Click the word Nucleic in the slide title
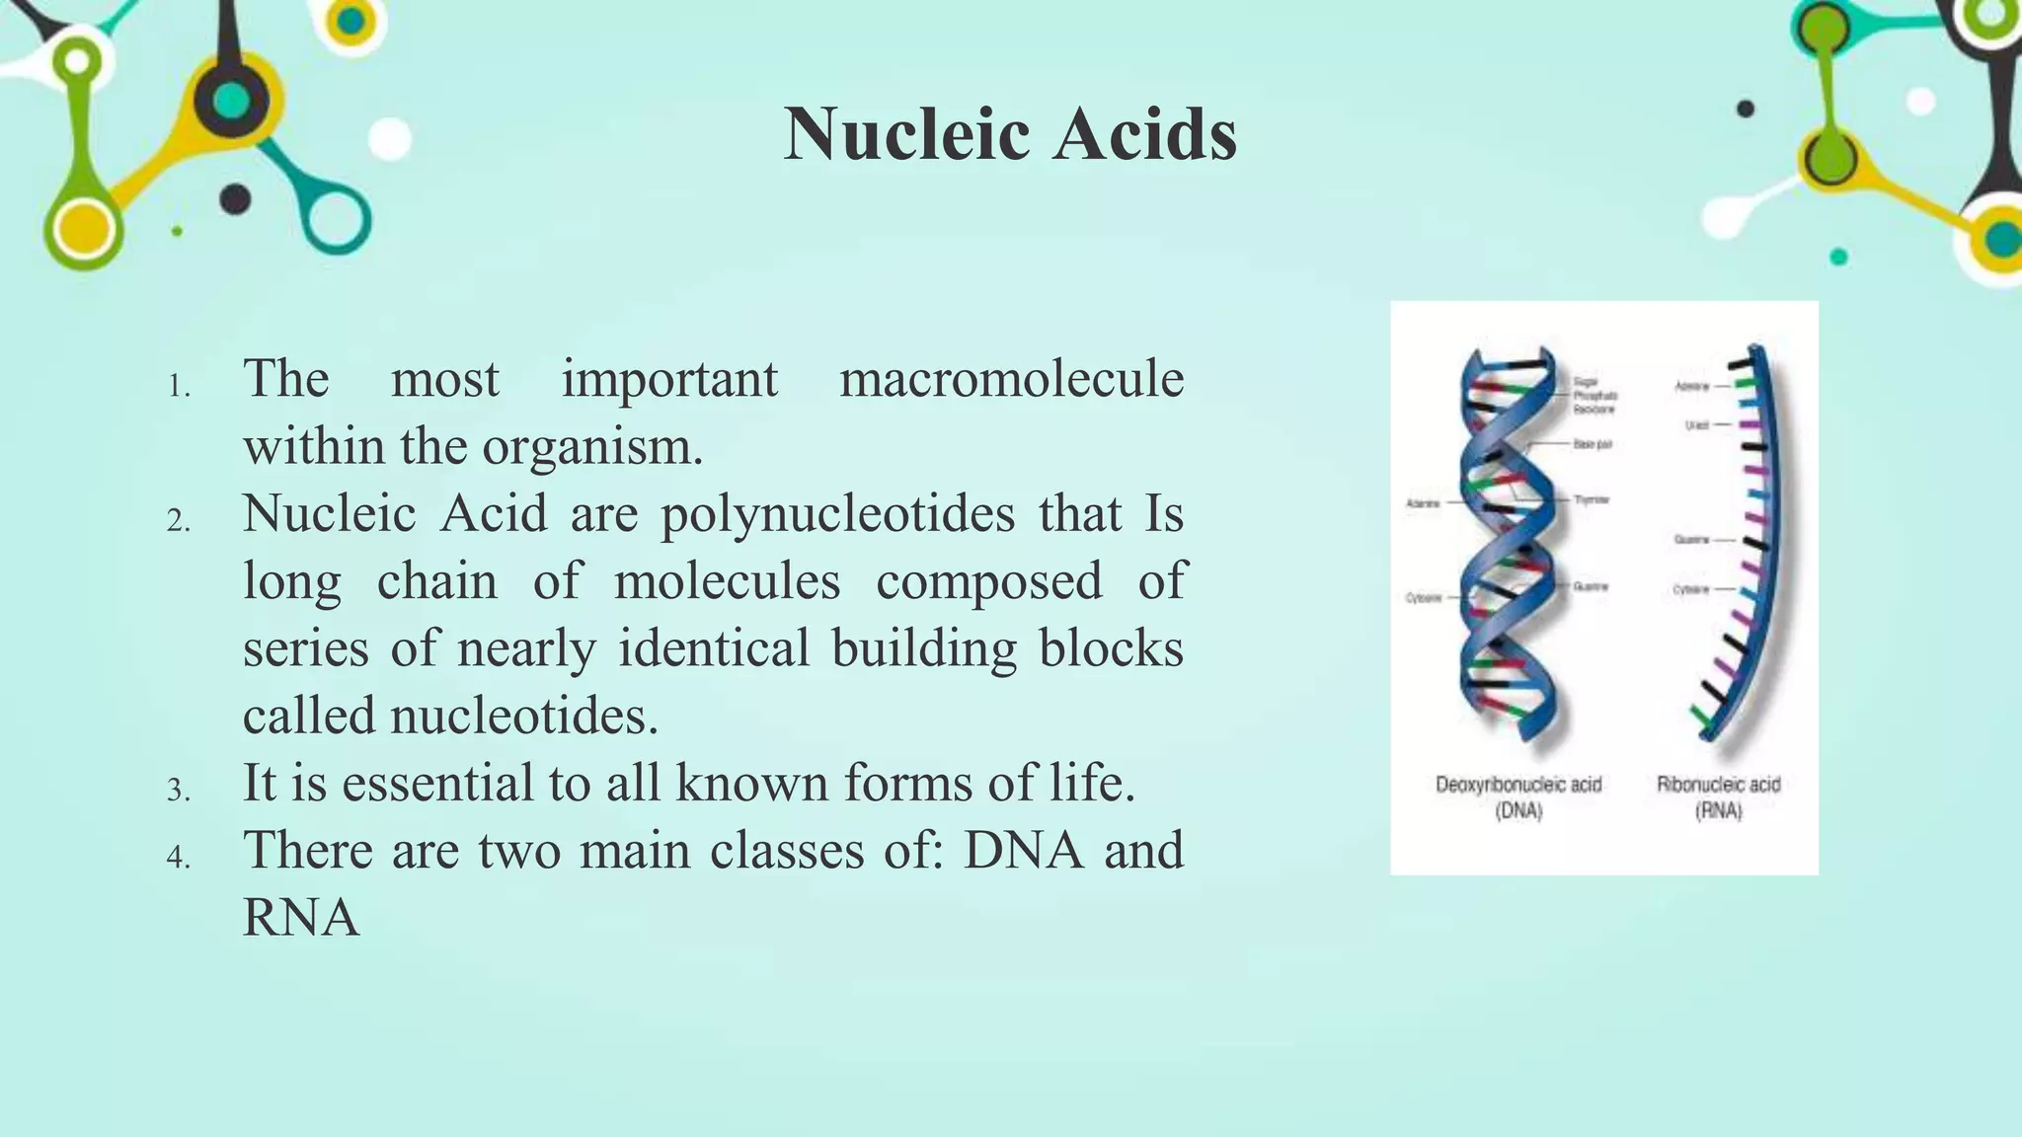tap(907, 134)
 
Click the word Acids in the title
tap(1144, 134)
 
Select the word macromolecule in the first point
tap(1011, 379)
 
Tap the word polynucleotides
tap(837, 513)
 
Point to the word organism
tap(592, 446)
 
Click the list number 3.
tap(178, 791)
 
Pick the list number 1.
tap(178, 387)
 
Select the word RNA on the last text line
tap(301, 917)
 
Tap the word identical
tap(714, 648)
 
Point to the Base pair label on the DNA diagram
tap(1593, 445)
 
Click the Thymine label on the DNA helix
tap(1592, 499)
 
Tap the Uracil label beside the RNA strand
tap(1696, 425)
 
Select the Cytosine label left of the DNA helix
tap(1424, 598)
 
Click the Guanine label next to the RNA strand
tap(1691, 540)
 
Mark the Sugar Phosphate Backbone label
tap(1594, 395)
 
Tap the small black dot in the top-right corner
tap(1746, 109)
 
